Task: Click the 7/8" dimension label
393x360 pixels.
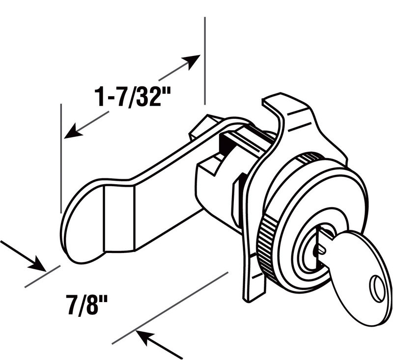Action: click(x=87, y=305)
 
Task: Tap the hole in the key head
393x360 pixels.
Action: click(x=377, y=289)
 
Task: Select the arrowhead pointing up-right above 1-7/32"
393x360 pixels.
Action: click(x=191, y=61)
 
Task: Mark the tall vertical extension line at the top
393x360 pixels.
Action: click(x=205, y=60)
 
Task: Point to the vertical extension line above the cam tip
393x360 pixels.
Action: click(x=61, y=158)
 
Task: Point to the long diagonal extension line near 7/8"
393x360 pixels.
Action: click(x=170, y=307)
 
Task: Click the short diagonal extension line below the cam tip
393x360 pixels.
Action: click(x=43, y=277)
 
